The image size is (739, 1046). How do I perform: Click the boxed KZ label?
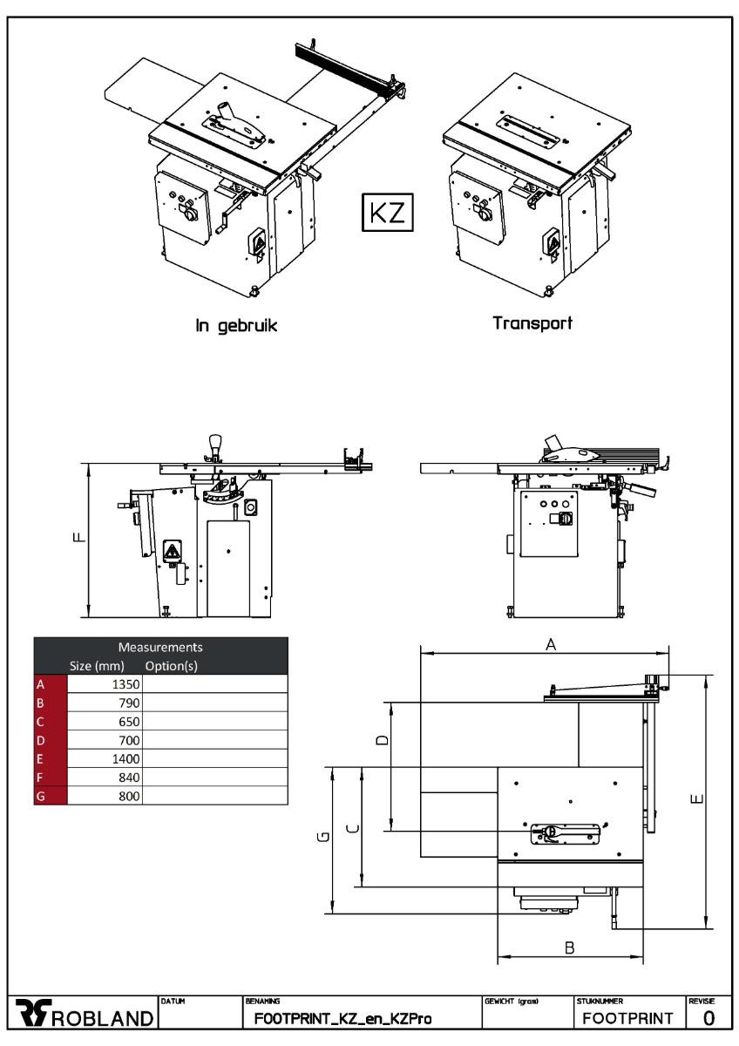[x=388, y=212]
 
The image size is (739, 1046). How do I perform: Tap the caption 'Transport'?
[x=532, y=323]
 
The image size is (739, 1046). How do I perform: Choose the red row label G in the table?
[x=40, y=796]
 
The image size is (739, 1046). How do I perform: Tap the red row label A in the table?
[x=40, y=684]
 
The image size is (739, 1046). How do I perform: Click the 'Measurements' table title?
[x=160, y=648]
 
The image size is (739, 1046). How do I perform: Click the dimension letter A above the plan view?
[x=550, y=644]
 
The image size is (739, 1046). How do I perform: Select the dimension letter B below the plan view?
[x=569, y=948]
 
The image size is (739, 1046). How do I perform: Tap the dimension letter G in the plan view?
[x=322, y=838]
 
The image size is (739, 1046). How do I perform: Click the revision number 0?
[x=708, y=1017]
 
